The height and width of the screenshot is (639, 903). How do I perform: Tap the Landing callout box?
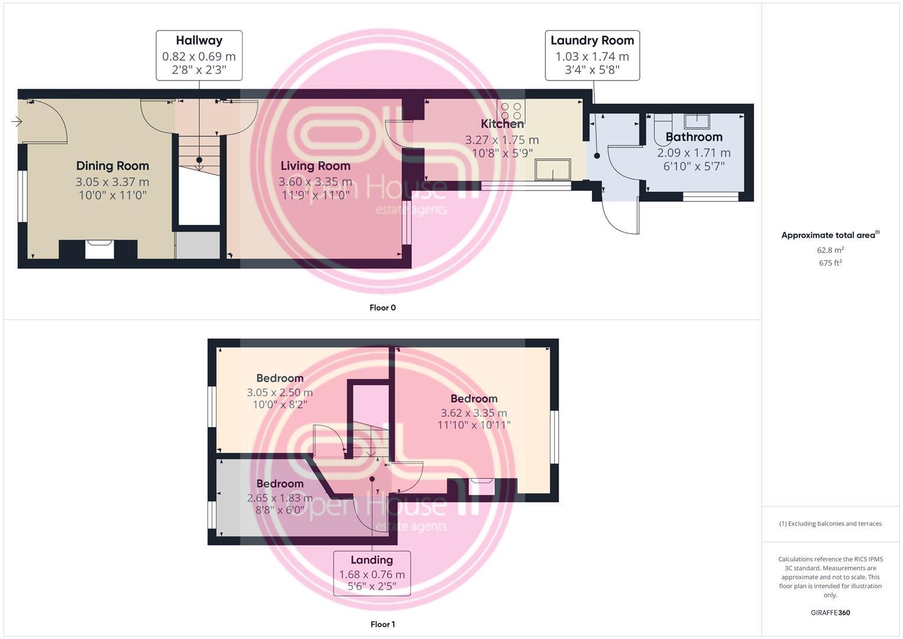pos(371,573)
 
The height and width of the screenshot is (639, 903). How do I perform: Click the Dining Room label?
pos(112,166)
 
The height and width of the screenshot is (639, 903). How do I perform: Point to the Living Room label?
pos(315,166)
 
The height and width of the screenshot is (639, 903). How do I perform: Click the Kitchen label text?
pos(502,124)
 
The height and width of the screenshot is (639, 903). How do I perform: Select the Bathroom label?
pos(694,137)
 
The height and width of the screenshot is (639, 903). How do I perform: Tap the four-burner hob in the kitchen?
pos(511,111)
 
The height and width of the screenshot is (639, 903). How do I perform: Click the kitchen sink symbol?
pos(553,169)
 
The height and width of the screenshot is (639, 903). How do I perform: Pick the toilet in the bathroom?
pos(664,129)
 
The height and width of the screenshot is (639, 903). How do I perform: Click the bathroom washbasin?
pos(697,121)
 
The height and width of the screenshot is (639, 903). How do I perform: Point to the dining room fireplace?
pos(99,249)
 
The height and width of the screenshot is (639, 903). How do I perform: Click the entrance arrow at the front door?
pos(17,122)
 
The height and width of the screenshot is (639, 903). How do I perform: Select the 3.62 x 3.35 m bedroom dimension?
pos(474,413)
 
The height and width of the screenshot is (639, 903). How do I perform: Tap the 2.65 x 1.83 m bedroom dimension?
pos(280,498)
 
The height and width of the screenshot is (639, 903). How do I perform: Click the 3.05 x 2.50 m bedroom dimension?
pos(280,392)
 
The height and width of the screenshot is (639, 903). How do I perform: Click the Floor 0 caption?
pos(383,308)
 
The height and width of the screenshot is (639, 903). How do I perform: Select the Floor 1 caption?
pos(383,624)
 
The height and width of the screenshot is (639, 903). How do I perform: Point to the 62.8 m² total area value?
pos(830,250)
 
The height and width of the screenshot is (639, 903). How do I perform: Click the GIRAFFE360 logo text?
pos(830,613)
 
